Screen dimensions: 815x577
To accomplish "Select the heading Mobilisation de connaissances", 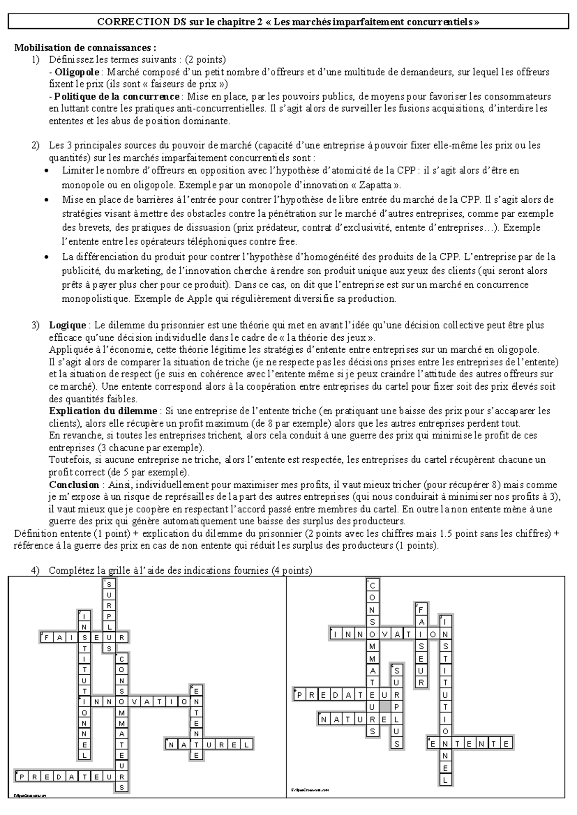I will [x=85, y=48].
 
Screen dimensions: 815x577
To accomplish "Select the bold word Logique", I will [x=67, y=325].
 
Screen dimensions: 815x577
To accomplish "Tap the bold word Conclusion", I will [x=74, y=484].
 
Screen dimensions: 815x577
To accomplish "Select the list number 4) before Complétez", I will [x=35, y=570].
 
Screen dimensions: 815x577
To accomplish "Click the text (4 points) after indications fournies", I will [x=291, y=570].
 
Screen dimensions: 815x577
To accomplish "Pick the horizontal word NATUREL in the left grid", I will [x=209, y=745].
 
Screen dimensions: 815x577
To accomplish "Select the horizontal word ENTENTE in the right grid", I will [x=470, y=744].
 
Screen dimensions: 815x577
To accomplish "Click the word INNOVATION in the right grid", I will [x=384, y=634].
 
